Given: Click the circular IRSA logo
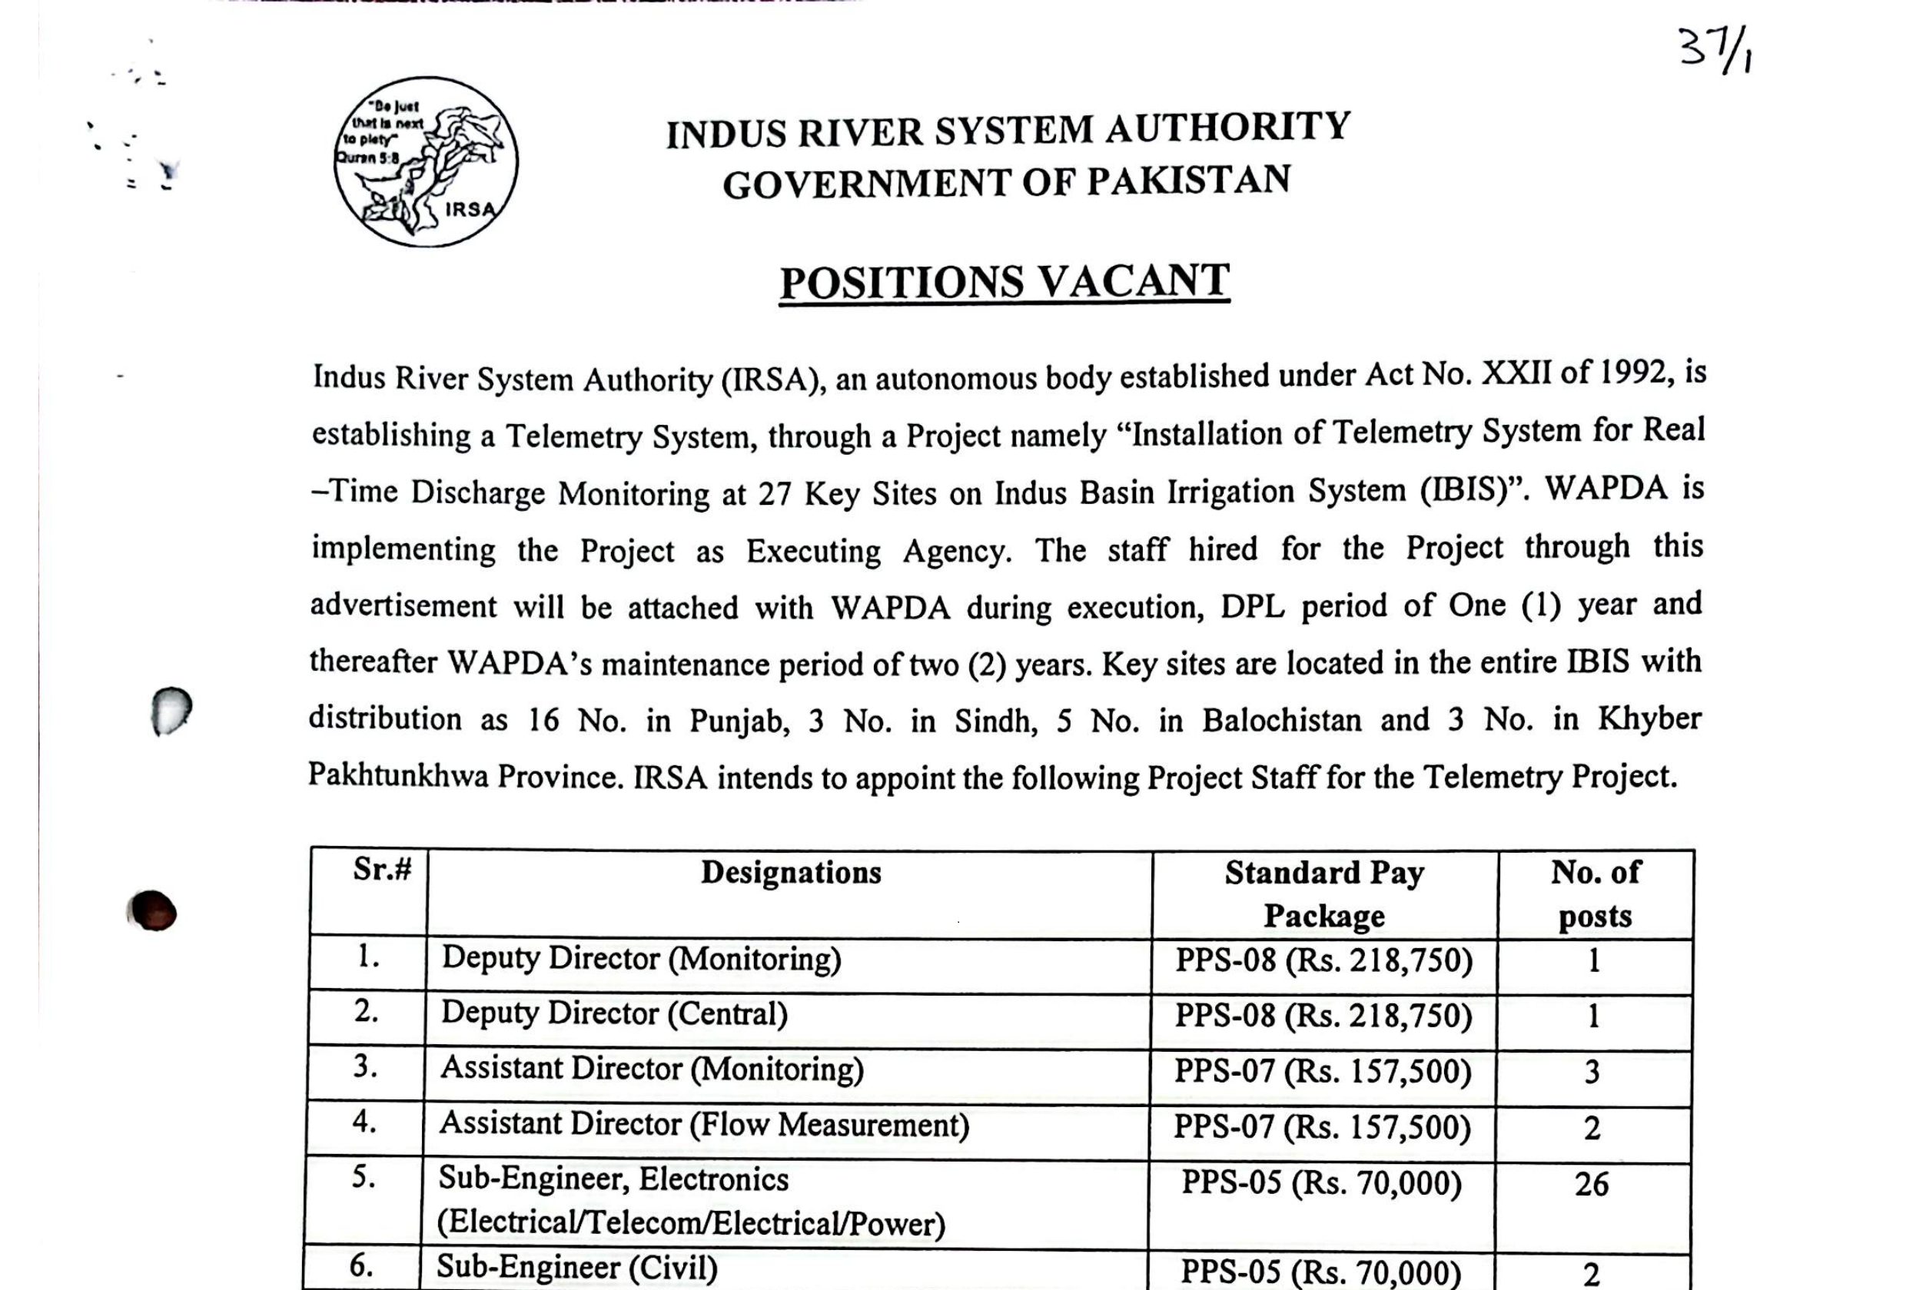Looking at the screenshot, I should click(426, 162).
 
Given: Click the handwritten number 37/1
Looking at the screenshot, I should click(1715, 51).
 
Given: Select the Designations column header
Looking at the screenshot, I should click(791, 873).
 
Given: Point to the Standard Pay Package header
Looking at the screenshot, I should click(1323, 894).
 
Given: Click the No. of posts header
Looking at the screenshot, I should click(1596, 894).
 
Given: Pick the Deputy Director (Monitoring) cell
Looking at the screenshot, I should click(641, 959).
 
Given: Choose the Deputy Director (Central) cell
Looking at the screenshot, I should click(614, 1013).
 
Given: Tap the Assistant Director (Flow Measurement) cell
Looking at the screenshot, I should click(704, 1124).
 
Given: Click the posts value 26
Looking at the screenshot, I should click(1591, 1184).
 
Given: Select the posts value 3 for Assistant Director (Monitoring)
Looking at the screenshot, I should click(1592, 1072).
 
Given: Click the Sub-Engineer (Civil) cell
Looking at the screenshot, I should click(576, 1268).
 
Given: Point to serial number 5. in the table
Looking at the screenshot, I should click(364, 1178).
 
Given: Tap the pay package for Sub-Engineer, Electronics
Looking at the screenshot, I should click(1321, 1183).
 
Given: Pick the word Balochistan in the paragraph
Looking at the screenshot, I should click(1282, 720).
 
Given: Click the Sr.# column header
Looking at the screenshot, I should click(382, 869).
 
